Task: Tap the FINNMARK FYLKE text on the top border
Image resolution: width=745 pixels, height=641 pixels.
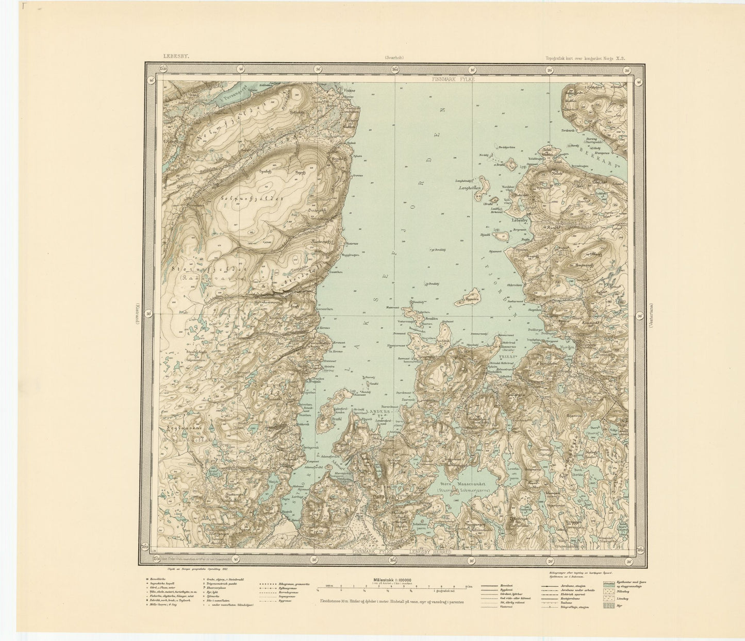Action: tap(453, 79)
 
